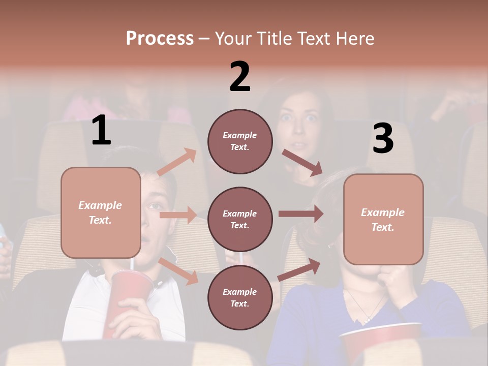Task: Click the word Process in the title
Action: point(160,38)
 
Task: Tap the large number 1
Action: point(101,131)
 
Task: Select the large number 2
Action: point(240,77)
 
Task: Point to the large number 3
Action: point(383,139)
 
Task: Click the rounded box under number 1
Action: point(101,212)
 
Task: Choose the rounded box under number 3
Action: point(383,219)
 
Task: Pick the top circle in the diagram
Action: point(240,141)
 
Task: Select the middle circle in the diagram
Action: point(240,219)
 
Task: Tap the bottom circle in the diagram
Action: point(240,297)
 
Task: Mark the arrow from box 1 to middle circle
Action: point(178,215)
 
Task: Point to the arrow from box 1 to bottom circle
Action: point(178,271)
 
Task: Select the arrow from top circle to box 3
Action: point(302,162)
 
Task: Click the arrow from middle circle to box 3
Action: point(300,214)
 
